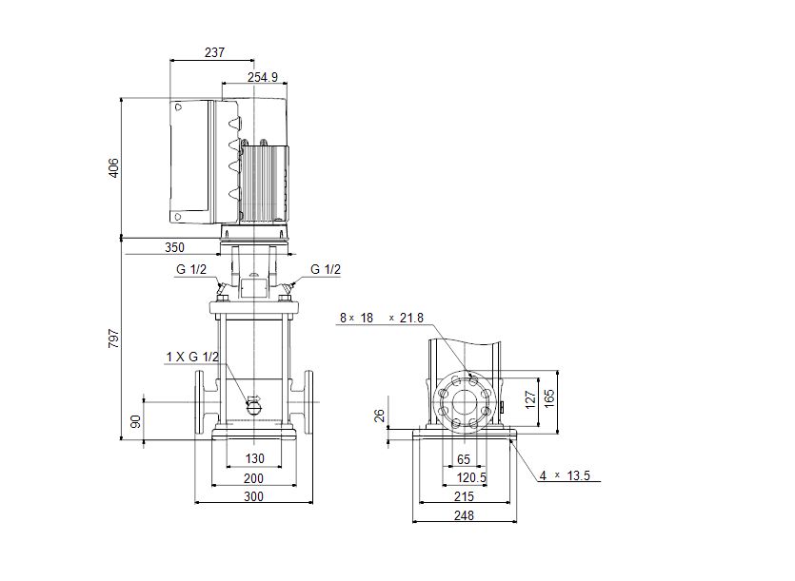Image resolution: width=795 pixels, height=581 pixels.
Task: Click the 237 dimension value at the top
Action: pos(214,52)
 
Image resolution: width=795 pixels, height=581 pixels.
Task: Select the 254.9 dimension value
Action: pos(263,77)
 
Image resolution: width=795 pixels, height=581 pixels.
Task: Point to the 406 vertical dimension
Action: pos(114,167)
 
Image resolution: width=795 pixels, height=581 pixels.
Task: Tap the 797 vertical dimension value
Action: pos(114,339)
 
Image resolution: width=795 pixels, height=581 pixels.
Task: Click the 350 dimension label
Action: pos(174,247)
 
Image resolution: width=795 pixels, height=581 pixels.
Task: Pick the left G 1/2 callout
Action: pos(191,269)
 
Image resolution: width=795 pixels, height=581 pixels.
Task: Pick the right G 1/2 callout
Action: pos(326,269)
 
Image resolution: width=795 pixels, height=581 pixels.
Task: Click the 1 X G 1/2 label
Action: pos(192,358)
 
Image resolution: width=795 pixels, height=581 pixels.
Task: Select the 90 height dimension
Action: pos(136,421)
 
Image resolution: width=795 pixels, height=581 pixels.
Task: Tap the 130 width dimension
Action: pos(254,458)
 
